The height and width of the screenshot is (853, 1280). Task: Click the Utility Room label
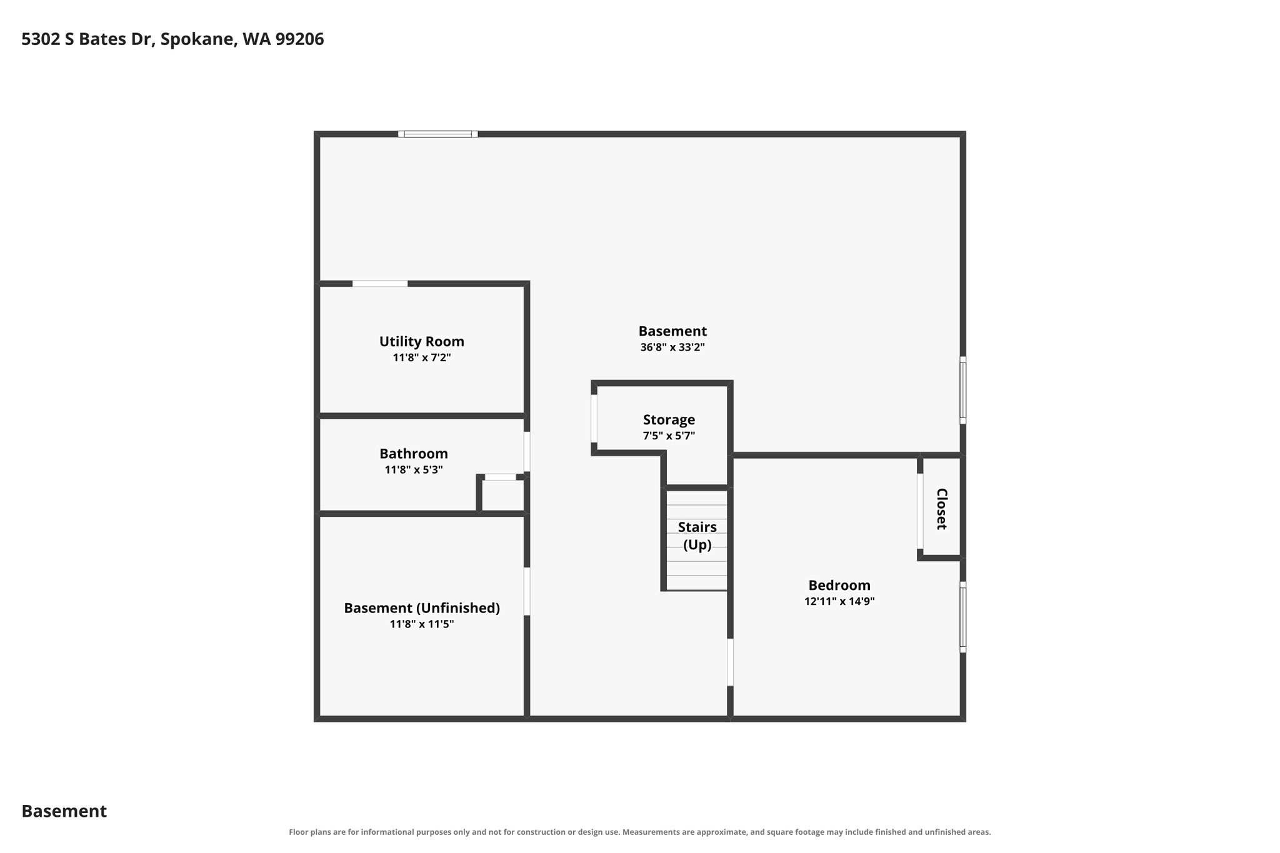421,342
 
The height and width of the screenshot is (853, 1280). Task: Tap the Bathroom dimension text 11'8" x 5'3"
414,470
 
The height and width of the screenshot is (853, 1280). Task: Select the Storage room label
669,420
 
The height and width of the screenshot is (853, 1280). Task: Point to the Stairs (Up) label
697,536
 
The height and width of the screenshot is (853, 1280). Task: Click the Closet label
941,509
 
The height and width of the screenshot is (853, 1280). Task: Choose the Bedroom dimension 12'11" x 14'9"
839,602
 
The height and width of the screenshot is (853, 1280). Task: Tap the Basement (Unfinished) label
422,608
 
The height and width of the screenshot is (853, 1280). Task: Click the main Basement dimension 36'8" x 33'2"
672,347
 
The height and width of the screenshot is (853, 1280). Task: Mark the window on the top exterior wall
438,134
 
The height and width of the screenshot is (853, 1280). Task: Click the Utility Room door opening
380,284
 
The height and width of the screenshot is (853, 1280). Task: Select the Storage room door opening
594,419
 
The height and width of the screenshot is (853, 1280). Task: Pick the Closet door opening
920,511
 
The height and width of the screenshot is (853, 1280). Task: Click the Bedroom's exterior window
963,617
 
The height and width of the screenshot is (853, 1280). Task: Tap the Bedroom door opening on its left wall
730,662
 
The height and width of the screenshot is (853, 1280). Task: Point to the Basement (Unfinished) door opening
527,591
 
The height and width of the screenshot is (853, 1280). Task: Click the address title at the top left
172,39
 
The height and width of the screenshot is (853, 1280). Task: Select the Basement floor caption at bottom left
64,811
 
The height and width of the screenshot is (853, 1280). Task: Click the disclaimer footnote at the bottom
639,832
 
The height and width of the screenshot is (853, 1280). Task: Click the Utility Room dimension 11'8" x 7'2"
422,358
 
